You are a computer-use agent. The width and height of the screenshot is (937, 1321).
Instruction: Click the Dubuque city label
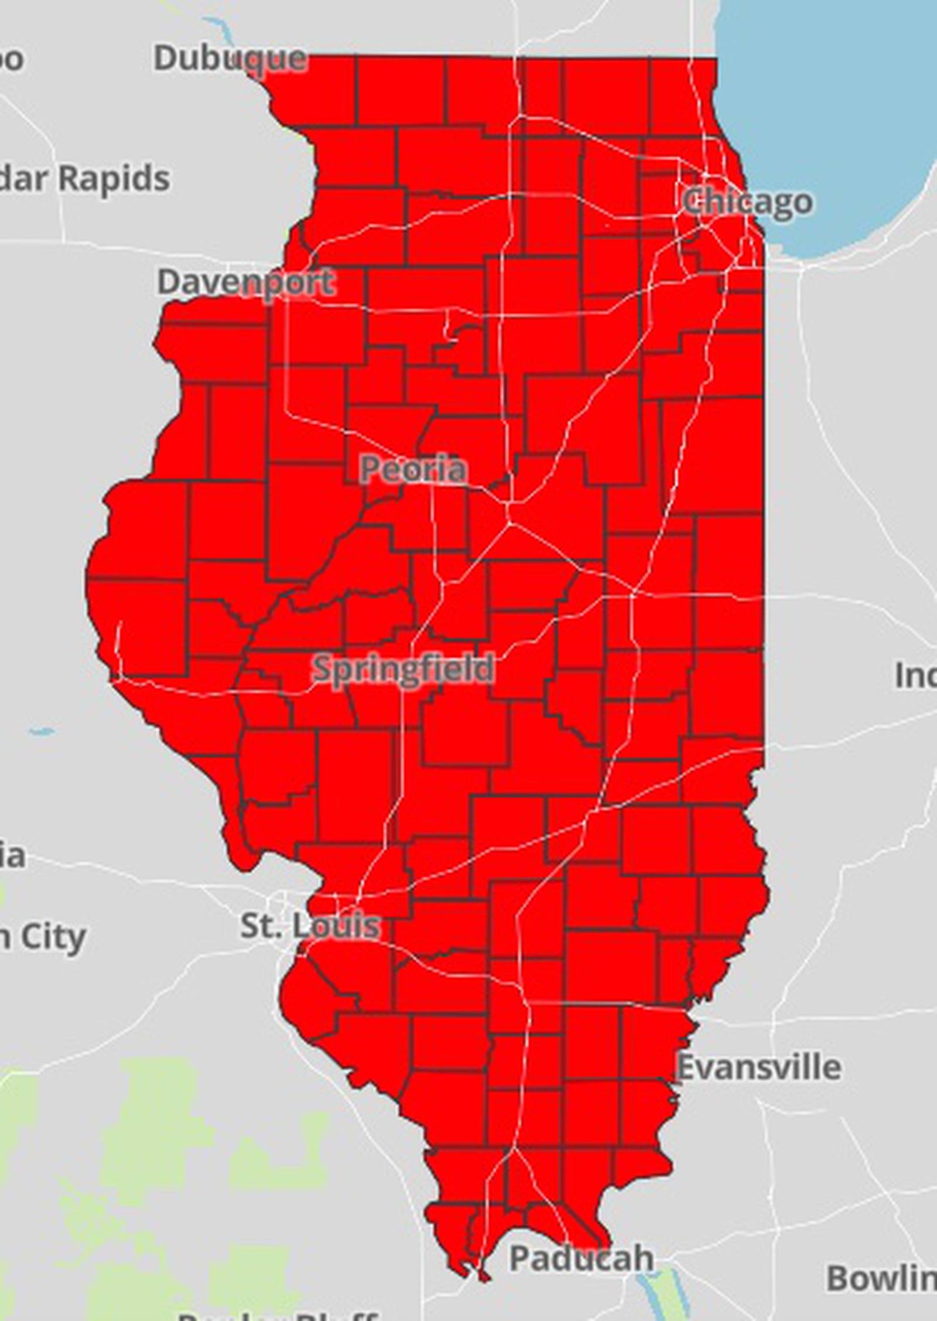pyautogui.click(x=230, y=59)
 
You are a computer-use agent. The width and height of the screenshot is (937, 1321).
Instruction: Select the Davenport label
pyautogui.click(x=246, y=282)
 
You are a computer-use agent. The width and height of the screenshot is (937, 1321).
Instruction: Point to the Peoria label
pyautogui.click(x=413, y=469)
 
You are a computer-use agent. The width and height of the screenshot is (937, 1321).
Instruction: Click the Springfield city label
pyautogui.click(x=403, y=668)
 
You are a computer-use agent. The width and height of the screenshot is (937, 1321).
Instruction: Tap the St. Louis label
pyautogui.click(x=310, y=926)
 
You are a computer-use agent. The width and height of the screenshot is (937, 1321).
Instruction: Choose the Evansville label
pyautogui.click(x=759, y=1067)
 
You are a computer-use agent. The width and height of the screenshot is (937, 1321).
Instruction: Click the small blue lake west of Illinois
pyautogui.click(x=41, y=731)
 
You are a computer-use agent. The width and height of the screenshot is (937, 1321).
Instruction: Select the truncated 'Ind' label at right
pyautogui.click(x=915, y=675)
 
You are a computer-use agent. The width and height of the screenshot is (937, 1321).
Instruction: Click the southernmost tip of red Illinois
pyautogui.click(x=483, y=1277)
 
